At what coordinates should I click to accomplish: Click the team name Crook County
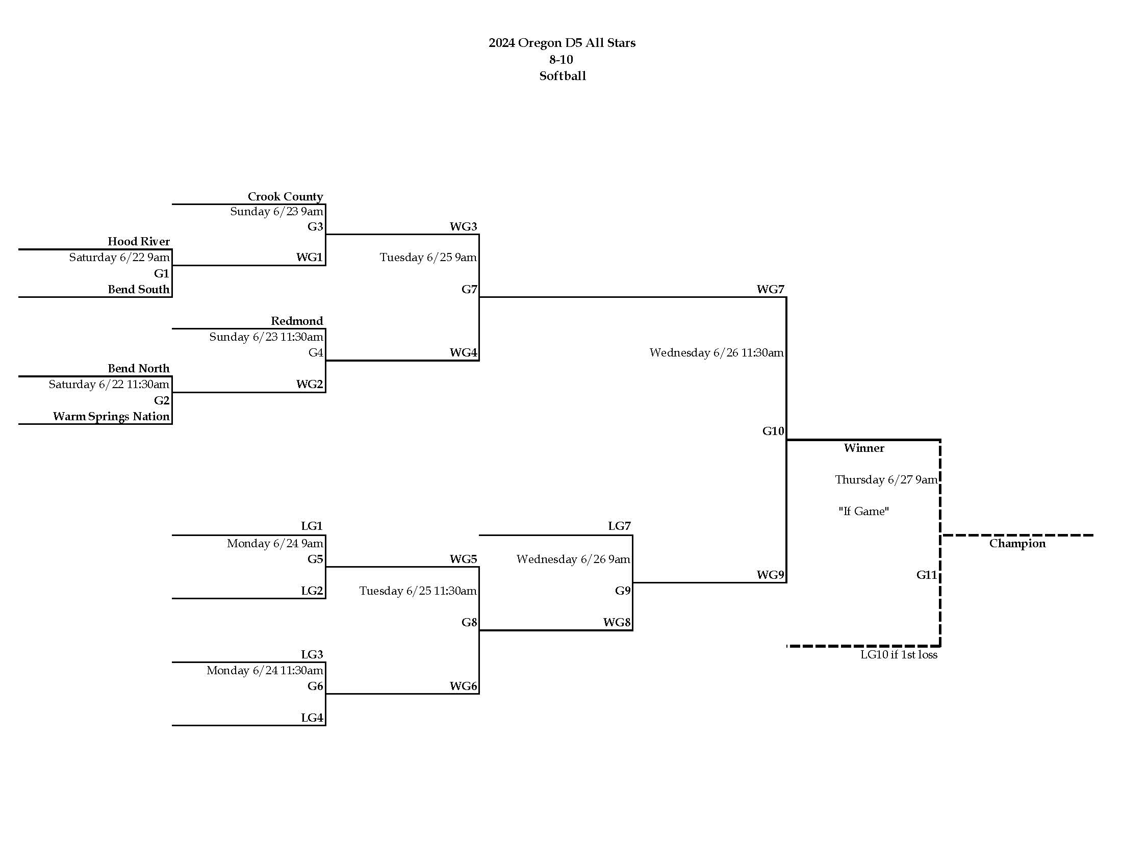point(285,196)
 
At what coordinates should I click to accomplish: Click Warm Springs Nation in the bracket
point(111,416)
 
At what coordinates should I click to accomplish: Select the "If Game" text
point(863,511)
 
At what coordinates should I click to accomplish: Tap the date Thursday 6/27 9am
point(886,479)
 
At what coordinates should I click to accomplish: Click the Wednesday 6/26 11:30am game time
point(716,352)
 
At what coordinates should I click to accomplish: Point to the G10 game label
point(773,431)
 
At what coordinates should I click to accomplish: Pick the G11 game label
point(926,575)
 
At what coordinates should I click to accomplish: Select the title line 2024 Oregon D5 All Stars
point(562,43)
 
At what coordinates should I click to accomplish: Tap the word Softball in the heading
point(562,76)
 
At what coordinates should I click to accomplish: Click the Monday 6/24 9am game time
point(275,544)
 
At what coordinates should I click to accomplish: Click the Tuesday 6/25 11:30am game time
point(417,591)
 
